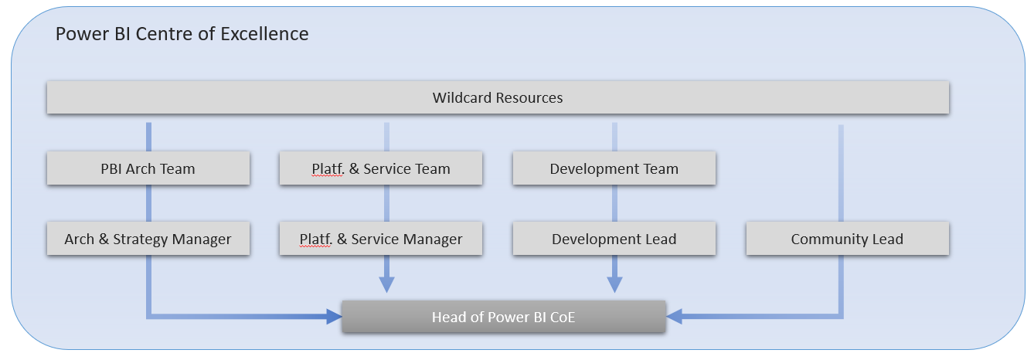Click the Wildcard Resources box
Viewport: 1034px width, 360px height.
click(498, 98)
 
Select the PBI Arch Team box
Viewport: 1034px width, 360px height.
click(148, 168)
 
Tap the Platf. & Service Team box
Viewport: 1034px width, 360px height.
click(381, 168)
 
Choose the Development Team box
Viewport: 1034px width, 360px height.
click(614, 168)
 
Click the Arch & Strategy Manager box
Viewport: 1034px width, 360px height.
click(148, 239)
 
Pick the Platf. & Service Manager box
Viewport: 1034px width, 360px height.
click(381, 239)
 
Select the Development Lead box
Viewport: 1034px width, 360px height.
click(614, 239)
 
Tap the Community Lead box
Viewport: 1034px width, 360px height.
click(847, 239)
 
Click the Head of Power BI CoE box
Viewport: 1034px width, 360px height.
click(503, 317)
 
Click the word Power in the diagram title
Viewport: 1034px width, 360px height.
click(78, 34)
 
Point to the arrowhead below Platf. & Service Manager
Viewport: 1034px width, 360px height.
click(386, 284)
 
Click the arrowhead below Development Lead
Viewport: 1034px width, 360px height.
click(614, 284)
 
